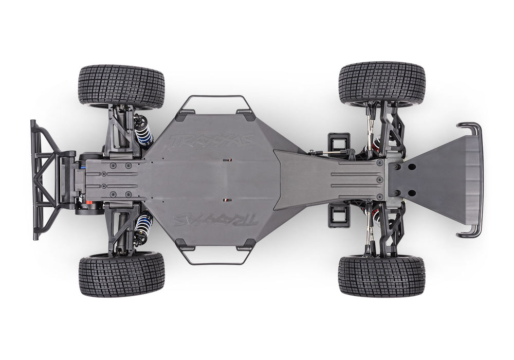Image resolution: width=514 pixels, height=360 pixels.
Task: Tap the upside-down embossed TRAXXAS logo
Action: pyautogui.click(x=215, y=220)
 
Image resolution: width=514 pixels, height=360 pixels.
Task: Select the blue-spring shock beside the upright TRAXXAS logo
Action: pyautogui.click(x=143, y=130)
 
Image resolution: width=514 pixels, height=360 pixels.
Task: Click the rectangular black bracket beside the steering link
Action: pyautogui.click(x=339, y=142)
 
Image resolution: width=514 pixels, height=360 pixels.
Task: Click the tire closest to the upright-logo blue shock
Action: pyautogui.click(x=121, y=86)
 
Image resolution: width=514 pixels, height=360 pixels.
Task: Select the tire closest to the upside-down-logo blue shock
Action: pyautogui.click(x=121, y=274)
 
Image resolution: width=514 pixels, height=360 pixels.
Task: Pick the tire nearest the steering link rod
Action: pyautogui.click(x=381, y=83)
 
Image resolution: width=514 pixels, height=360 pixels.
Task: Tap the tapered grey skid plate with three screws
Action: pyautogui.click(x=329, y=180)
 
